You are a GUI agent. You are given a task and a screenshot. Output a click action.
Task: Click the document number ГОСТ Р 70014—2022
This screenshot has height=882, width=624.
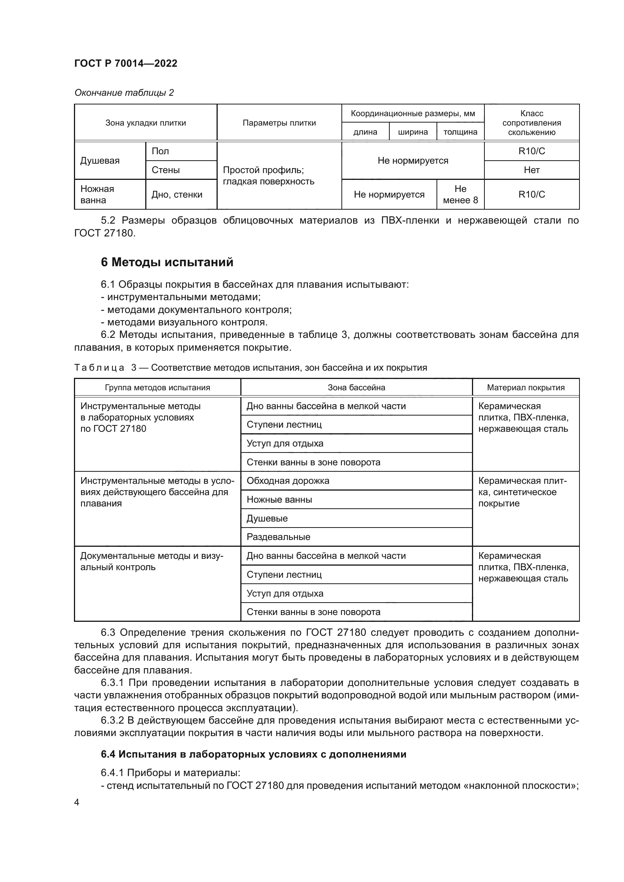pos(126,63)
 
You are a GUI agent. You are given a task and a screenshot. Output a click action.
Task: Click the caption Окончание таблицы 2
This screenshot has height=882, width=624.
pos(124,93)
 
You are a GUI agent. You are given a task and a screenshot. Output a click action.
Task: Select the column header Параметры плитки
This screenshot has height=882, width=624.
pos(279,123)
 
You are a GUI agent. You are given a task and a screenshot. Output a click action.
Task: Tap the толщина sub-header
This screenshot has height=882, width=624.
pos(460,132)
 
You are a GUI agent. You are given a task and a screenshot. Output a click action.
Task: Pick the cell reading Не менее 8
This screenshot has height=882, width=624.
pos(460,194)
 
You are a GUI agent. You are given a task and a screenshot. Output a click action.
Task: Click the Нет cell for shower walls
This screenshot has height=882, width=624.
pos(532,170)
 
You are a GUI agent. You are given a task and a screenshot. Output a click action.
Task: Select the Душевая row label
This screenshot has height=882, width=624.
pos(100,161)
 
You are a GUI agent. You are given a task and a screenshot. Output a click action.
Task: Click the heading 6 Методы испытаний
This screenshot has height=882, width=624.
pos(167,262)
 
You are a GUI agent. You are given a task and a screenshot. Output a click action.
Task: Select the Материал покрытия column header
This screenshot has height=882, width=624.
pos(526,388)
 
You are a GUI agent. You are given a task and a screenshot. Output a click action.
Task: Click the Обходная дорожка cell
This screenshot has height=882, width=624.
pos(288,481)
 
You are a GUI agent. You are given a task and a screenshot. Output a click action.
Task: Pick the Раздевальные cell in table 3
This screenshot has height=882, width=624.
pos(278,537)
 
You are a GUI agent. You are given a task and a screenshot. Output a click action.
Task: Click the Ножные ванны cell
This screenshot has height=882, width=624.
pos(279,500)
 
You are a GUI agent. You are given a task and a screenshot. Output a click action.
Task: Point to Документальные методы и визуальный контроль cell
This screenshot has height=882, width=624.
pos(151,561)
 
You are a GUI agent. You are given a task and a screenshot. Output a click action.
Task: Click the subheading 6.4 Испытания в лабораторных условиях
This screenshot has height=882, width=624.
pos(253,754)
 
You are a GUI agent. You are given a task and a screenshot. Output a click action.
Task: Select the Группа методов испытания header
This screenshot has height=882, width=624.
pos(157,388)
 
